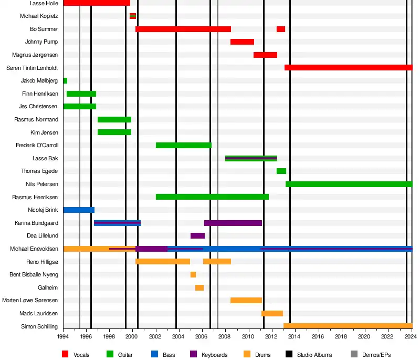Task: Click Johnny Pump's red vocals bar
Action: [x=242, y=42]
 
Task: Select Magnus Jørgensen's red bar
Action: [x=265, y=55]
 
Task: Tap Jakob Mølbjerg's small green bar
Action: [x=65, y=81]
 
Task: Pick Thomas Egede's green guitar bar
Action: [x=281, y=171]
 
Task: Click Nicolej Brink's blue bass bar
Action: [x=79, y=210]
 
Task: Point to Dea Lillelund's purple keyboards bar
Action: [x=197, y=236]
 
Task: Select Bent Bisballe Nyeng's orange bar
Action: [x=193, y=275]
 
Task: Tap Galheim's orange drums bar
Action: [x=199, y=288]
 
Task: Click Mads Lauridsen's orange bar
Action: [x=272, y=314]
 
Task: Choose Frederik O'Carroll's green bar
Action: [x=183, y=146]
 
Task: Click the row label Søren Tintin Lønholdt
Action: [x=32, y=68]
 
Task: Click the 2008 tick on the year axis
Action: [x=225, y=336]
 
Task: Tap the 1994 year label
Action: [x=63, y=336]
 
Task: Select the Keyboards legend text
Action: [x=214, y=355]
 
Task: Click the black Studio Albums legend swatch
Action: [x=289, y=355]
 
